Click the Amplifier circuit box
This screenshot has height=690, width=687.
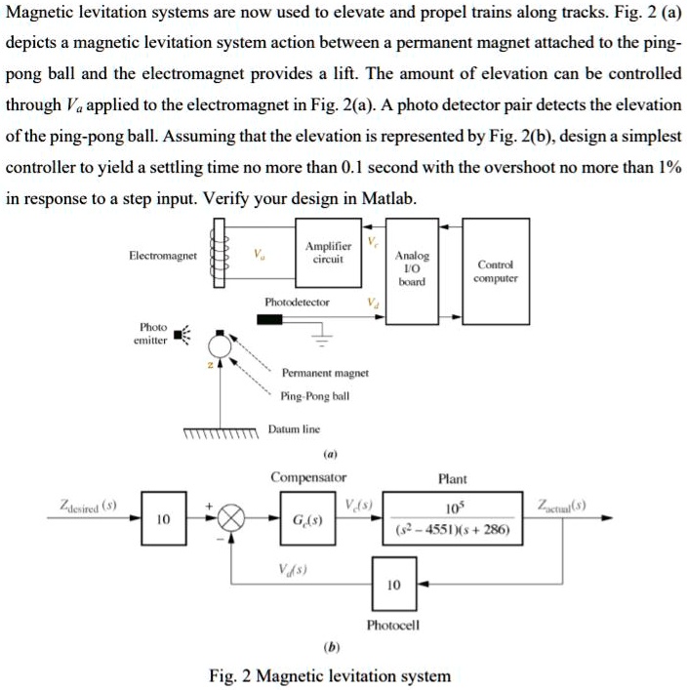323,255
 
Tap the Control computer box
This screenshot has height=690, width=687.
495,269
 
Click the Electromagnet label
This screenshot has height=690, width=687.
162,256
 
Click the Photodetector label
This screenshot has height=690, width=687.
297,303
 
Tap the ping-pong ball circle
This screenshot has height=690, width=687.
222,344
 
